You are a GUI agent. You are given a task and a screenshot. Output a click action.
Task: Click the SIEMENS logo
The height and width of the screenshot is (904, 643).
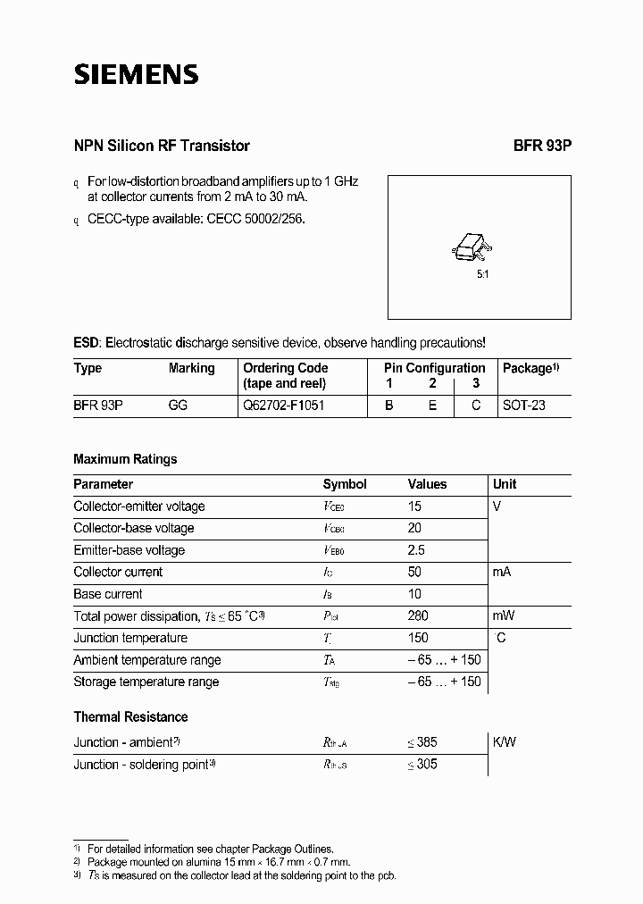tap(136, 74)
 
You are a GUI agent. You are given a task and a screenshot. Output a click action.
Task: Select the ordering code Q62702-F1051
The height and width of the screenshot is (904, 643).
tap(284, 405)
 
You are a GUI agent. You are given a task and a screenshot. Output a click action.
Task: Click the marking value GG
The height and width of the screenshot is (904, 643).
tap(178, 405)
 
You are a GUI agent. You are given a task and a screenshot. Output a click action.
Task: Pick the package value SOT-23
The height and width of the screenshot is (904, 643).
tap(523, 405)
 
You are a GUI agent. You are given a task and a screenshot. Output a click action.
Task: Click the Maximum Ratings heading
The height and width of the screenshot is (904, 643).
tap(125, 459)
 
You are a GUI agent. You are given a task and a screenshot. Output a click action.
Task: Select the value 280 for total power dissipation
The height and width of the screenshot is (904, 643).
tap(418, 615)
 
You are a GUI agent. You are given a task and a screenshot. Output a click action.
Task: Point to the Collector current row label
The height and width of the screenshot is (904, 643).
tap(118, 572)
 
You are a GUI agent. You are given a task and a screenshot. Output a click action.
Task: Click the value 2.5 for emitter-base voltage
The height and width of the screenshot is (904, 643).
tap(416, 550)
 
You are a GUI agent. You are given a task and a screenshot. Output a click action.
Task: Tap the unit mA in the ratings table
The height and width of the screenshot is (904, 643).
tap(502, 572)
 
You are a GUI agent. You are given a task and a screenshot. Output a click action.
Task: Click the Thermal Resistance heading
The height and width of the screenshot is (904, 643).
tap(130, 716)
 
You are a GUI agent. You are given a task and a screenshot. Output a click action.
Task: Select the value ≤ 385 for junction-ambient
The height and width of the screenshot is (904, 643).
tap(422, 742)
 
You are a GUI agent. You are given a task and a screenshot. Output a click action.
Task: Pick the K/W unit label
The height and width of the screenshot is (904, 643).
tap(505, 742)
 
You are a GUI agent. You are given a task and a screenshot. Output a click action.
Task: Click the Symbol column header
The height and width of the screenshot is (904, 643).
tap(345, 484)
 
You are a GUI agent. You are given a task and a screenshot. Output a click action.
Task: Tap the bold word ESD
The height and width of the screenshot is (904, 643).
tap(87, 342)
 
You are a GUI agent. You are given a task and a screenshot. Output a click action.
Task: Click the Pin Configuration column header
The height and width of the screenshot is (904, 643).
tap(435, 368)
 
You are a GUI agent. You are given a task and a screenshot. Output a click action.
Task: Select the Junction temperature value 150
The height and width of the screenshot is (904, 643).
tap(418, 638)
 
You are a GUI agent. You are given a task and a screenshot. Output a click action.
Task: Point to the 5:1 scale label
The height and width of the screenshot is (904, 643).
tap(482, 274)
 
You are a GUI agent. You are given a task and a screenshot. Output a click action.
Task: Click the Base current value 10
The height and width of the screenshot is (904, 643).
tap(414, 594)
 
